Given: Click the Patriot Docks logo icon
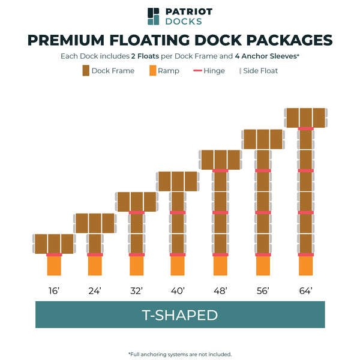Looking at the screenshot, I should [x=154, y=16].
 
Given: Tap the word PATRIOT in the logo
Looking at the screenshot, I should [x=188, y=11].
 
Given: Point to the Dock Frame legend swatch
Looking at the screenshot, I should [x=86, y=71].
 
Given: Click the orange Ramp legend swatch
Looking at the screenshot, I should [x=152, y=71].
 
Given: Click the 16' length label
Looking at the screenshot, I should [x=54, y=290].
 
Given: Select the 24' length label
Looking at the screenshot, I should [x=95, y=290].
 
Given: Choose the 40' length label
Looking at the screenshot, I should [x=178, y=290].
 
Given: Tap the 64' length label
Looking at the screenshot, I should [x=306, y=290].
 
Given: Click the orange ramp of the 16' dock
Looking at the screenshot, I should [x=54, y=266].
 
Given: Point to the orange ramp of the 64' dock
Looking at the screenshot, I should [x=306, y=266].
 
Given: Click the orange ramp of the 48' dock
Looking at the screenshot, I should [x=220, y=266].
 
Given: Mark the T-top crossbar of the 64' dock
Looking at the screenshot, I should [x=306, y=118].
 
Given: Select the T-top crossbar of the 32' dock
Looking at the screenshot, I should [x=137, y=202].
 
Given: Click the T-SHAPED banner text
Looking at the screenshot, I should [x=179, y=315].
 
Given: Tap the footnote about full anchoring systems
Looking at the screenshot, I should [x=180, y=354].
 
